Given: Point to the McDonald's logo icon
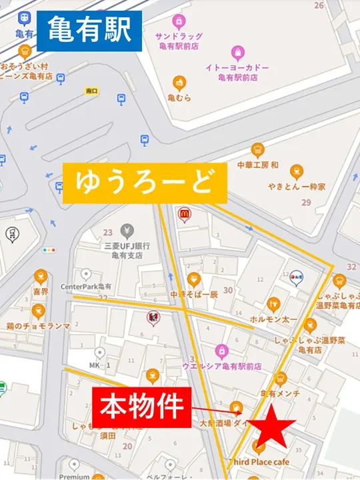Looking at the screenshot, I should click(x=183, y=214).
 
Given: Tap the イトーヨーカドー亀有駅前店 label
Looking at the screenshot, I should click(x=237, y=73).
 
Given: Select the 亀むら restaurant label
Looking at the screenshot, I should click(x=179, y=98).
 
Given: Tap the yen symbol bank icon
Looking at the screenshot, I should click(x=126, y=231).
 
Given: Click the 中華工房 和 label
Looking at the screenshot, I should click(x=257, y=165).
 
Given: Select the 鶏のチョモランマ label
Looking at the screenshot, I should click(x=39, y=326).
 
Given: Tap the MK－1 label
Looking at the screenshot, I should click(x=99, y=365).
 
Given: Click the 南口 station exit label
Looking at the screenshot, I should click(x=92, y=90).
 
